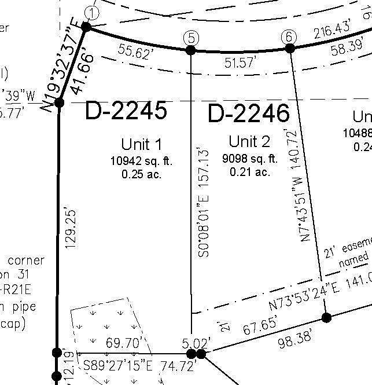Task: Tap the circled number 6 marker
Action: click(x=289, y=36)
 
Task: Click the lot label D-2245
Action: click(x=126, y=111)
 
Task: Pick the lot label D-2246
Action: click(x=248, y=113)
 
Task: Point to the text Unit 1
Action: click(x=141, y=144)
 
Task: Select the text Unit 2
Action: click(x=249, y=142)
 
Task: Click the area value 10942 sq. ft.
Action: click(x=141, y=161)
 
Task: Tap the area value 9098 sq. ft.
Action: click(x=250, y=159)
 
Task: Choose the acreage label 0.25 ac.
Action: click(x=141, y=174)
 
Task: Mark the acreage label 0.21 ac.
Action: click(x=250, y=172)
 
